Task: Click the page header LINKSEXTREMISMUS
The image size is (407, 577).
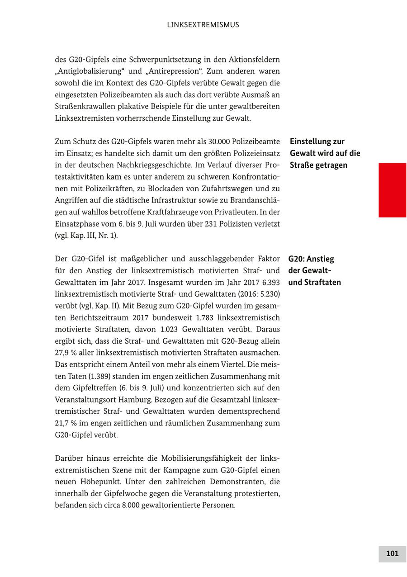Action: click(203, 25)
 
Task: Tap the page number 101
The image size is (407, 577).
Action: click(392, 553)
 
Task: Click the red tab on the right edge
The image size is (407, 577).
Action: click(392, 190)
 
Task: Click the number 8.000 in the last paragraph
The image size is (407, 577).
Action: click(130, 505)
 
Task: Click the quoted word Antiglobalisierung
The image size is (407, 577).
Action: click(90, 71)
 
